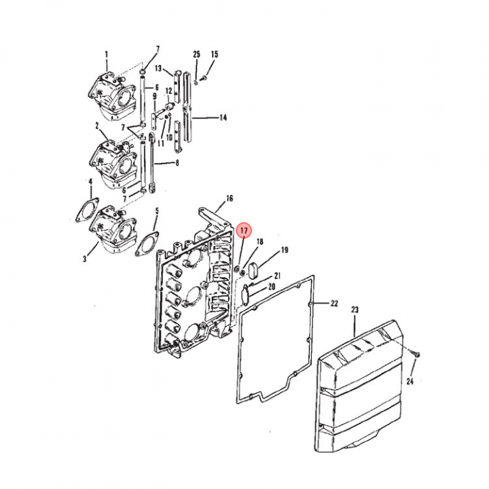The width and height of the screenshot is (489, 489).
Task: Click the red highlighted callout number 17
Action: (x=244, y=230)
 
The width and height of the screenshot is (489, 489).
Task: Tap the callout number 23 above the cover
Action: (x=355, y=310)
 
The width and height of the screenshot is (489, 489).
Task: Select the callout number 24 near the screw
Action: (x=410, y=381)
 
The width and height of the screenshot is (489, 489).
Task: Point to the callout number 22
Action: (x=334, y=303)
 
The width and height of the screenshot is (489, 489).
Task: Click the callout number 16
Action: (x=230, y=198)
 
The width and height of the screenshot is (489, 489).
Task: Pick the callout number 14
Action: (x=223, y=117)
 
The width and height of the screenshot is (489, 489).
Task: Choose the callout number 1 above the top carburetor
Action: (x=107, y=54)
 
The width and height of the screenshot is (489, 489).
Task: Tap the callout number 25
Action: (x=196, y=54)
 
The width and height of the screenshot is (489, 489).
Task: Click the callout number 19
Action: (x=285, y=250)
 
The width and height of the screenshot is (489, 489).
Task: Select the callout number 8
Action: (x=177, y=163)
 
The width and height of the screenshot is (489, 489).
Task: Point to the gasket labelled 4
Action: (x=88, y=211)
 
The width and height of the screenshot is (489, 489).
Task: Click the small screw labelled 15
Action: (x=204, y=77)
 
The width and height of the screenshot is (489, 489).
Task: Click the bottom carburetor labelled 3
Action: (x=114, y=230)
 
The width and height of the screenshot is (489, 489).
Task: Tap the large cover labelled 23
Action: (x=360, y=386)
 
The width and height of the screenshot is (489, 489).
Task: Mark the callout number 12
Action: (x=168, y=91)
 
